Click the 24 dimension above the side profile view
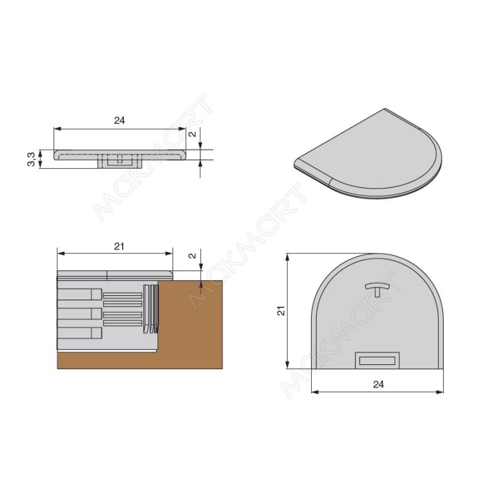click(x=120, y=120)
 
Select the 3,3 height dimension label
click(x=31, y=159)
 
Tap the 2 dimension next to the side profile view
click(x=192, y=134)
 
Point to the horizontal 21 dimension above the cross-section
click(x=119, y=246)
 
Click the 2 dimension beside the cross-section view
click(x=192, y=256)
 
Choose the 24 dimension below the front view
click(x=378, y=384)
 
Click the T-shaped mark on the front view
click(x=377, y=289)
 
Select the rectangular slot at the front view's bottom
click(x=377, y=361)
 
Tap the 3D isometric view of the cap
click(x=368, y=153)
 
